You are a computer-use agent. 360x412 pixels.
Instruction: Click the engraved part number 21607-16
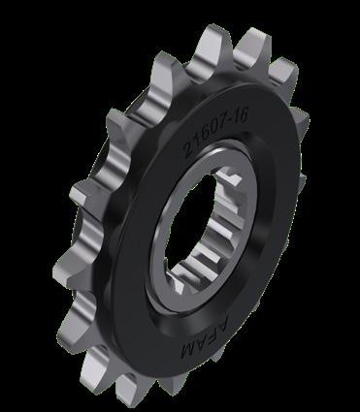(x=216, y=133)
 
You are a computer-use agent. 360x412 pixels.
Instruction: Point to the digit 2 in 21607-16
(x=188, y=150)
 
